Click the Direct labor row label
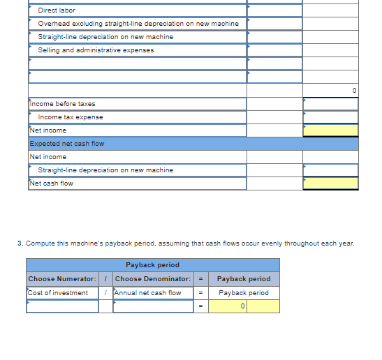pyautogui.click(x=57, y=10)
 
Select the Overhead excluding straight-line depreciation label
pyautogui.click(x=138, y=24)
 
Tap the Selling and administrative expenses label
pyautogui.click(x=96, y=50)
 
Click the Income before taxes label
pyautogui.click(x=63, y=104)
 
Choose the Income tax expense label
pyautogui.click(x=71, y=117)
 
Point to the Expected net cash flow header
pyautogui.click(x=67, y=144)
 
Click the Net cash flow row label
pyautogui.click(x=51, y=183)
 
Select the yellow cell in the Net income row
pyautogui.click(x=330, y=130)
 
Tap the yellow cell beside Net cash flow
pyautogui.click(x=330, y=183)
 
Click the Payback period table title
pyautogui.click(x=152, y=265)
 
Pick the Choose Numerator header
pyautogui.click(x=62, y=279)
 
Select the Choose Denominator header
pyautogui.click(x=148, y=279)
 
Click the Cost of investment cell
pyautogui.click(x=58, y=293)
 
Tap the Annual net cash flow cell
pyautogui.click(x=147, y=293)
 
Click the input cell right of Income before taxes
pyautogui.click(x=330, y=104)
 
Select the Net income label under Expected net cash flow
pyautogui.click(x=48, y=157)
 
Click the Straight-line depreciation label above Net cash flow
pyautogui.click(x=105, y=170)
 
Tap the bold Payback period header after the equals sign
pyautogui.click(x=244, y=279)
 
